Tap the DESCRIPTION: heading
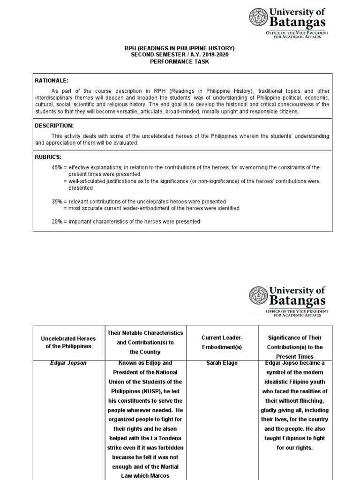point(54,126)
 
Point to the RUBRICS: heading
point(48,157)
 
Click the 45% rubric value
point(57,167)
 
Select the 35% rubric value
point(57,202)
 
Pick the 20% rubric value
point(57,221)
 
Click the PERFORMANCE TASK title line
point(180,62)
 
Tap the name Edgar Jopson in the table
point(70,363)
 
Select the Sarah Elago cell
point(222,363)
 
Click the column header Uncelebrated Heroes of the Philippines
point(68,342)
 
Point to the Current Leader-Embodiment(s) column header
point(222,342)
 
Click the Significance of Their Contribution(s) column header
point(295,347)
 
